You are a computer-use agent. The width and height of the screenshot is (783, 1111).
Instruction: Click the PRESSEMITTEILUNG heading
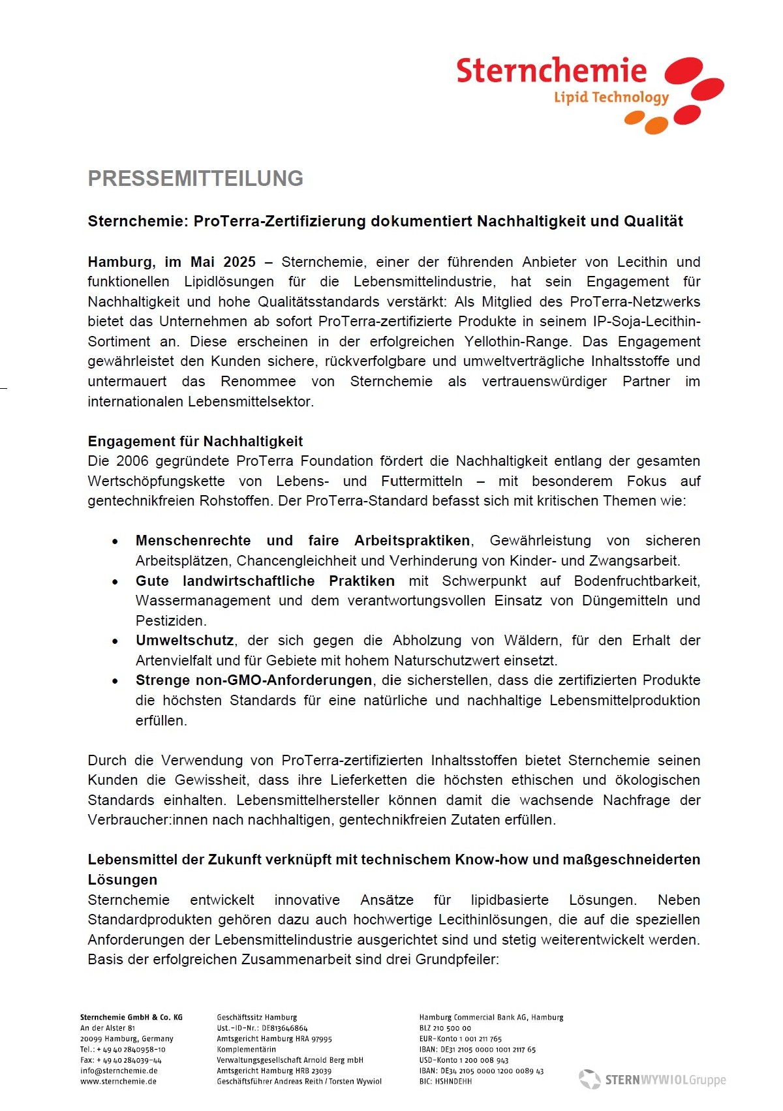coord(195,179)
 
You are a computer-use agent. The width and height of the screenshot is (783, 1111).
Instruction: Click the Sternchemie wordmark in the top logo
coord(551,70)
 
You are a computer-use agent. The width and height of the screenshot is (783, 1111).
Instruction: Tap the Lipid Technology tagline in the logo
coord(611,98)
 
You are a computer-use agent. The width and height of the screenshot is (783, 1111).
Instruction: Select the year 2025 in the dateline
coord(239,262)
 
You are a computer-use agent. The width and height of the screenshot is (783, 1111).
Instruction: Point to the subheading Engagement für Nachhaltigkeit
coord(195,442)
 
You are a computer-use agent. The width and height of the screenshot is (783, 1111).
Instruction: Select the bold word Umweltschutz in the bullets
coord(184,641)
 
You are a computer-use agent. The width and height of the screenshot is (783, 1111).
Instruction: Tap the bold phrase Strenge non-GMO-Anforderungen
coord(253,680)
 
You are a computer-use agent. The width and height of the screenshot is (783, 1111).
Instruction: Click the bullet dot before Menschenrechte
coord(115,541)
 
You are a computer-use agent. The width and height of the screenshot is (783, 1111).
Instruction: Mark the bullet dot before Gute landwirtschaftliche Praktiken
coord(115,582)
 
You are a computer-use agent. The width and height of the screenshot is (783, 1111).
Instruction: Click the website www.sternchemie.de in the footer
coord(118,1082)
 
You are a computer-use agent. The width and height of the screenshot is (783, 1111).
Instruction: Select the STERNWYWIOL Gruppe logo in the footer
coord(652,1080)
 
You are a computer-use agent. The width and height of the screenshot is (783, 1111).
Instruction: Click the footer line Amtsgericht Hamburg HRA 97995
coord(274,1039)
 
